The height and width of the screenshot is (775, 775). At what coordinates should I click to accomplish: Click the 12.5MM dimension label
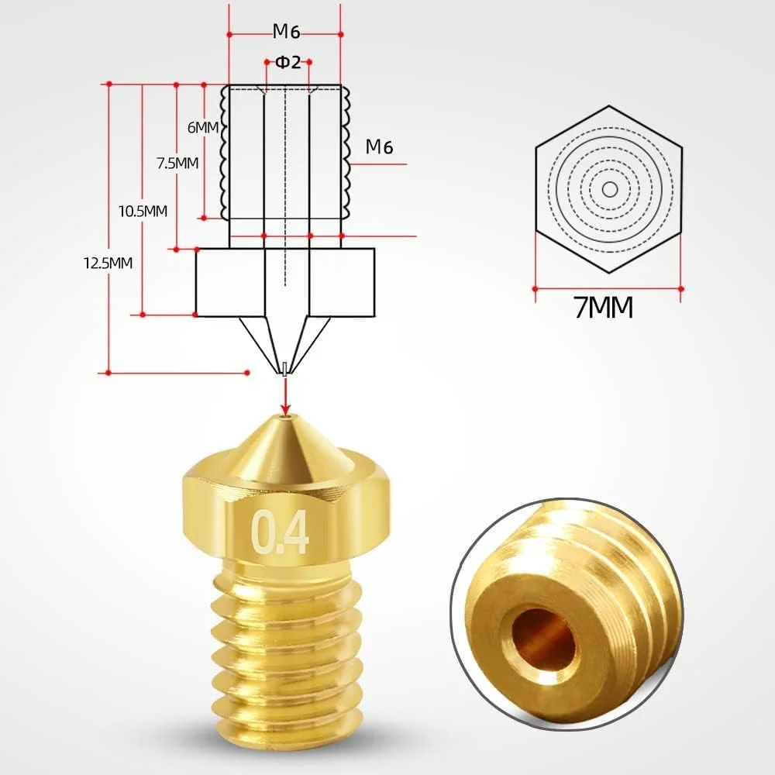click(x=108, y=262)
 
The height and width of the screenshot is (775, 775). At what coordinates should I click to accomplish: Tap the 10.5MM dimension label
click(x=143, y=211)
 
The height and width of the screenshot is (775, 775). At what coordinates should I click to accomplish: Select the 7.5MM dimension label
click(x=177, y=163)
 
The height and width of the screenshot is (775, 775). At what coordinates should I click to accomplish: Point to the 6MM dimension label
click(x=203, y=127)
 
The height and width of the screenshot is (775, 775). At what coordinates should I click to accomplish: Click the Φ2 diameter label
click(x=288, y=63)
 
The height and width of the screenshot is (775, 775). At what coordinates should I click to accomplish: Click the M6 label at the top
click(x=285, y=32)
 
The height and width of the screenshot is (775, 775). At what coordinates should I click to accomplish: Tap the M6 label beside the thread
click(x=383, y=146)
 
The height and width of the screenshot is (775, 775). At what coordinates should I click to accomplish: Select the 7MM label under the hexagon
click(x=604, y=308)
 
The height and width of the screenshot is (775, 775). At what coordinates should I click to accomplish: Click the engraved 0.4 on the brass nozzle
click(x=280, y=532)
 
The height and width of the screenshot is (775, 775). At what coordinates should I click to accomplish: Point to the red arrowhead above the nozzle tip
click(x=286, y=408)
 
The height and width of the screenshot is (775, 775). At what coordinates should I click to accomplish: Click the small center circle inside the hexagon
click(x=609, y=189)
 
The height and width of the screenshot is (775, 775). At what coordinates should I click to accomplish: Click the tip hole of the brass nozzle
click(x=286, y=418)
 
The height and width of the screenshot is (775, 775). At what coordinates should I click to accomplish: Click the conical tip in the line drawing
click(x=286, y=341)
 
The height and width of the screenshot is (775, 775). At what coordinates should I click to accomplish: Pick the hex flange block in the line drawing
click(x=285, y=282)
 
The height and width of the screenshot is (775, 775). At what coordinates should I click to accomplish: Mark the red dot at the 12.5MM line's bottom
click(x=108, y=373)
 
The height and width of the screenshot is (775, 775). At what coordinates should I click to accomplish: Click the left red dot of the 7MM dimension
click(x=535, y=288)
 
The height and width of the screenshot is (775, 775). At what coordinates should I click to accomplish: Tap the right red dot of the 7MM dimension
click(x=681, y=288)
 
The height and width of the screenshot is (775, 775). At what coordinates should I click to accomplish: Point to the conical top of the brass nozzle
click(x=286, y=449)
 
